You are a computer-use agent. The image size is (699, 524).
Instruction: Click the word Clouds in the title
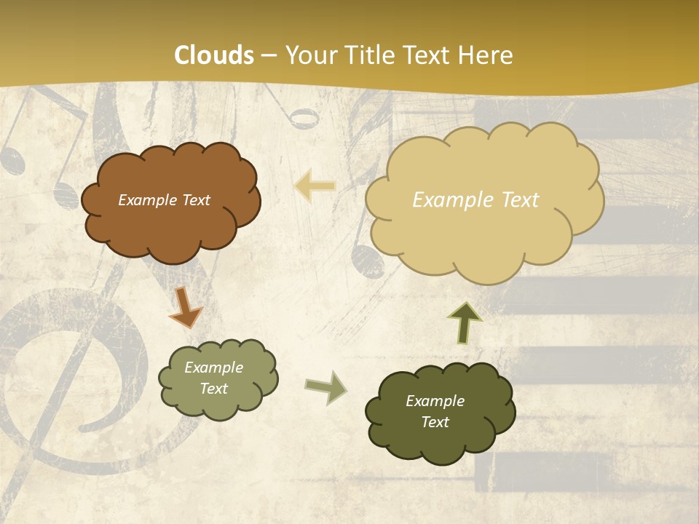tap(214, 55)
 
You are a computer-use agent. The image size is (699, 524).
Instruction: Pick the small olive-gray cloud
tap(218, 378)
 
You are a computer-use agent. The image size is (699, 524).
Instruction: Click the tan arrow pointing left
tap(315, 186)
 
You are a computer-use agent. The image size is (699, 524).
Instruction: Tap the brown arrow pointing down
tap(185, 306)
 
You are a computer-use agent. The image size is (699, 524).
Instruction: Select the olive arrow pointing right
tap(325, 387)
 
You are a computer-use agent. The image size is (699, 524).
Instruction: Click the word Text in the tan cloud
tap(514, 200)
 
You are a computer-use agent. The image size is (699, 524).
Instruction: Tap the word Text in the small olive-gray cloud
tap(213, 389)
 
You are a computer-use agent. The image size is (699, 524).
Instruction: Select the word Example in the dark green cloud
tap(435, 401)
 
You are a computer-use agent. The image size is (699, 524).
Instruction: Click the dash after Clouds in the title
tap(269, 56)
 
